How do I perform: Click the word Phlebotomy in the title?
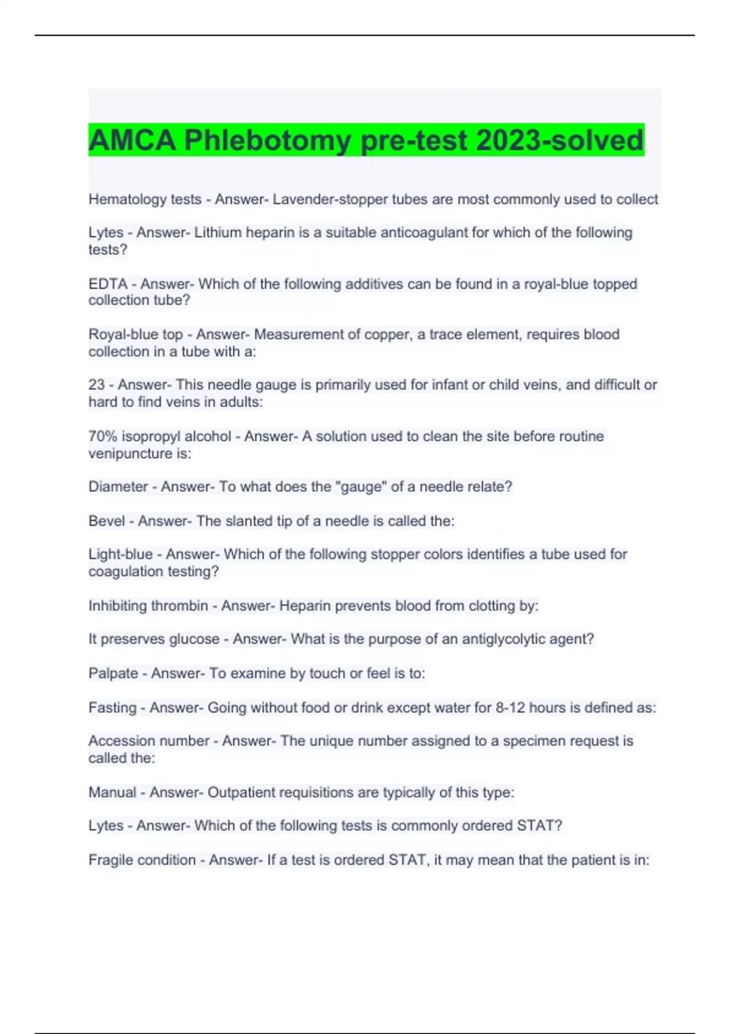click(x=267, y=141)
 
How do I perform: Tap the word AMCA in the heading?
click(x=132, y=141)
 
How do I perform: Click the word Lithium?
click(x=217, y=233)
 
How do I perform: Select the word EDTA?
click(x=108, y=284)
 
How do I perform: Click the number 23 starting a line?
click(x=97, y=385)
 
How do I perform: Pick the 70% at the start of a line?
click(x=103, y=436)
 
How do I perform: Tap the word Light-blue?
click(x=120, y=554)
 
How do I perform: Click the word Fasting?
click(x=113, y=708)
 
